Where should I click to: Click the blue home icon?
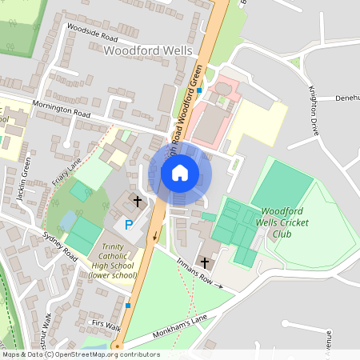[x=180, y=172]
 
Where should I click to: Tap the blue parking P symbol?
[x=128, y=226]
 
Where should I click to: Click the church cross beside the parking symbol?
[x=137, y=202]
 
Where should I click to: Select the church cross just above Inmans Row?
[x=205, y=262]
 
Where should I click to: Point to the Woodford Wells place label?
[x=149, y=50]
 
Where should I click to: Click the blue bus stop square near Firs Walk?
[x=127, y=305]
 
